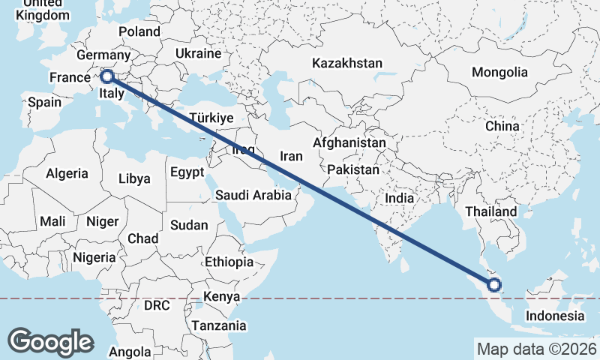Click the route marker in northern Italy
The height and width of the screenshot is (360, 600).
107,76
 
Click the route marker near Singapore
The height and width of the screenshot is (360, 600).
493,284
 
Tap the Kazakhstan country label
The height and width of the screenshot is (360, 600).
348,63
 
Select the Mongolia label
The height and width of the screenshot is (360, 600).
499,73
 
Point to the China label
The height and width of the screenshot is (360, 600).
502,126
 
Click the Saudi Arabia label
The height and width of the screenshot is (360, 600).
253,195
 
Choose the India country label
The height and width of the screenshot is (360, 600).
400,199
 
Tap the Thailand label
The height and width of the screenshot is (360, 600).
491,211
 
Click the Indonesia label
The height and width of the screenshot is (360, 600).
555,316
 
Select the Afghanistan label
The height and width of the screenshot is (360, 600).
349,142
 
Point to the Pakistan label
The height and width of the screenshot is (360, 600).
353,170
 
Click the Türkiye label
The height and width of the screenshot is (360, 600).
212,118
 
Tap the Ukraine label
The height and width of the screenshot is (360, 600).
198,54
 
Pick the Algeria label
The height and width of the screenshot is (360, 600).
67,174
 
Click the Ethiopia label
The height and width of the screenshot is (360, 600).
229,262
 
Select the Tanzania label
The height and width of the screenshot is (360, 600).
218,325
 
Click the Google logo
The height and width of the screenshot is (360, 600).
50,342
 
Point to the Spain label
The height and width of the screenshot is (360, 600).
44,103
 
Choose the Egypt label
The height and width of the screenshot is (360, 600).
187,172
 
